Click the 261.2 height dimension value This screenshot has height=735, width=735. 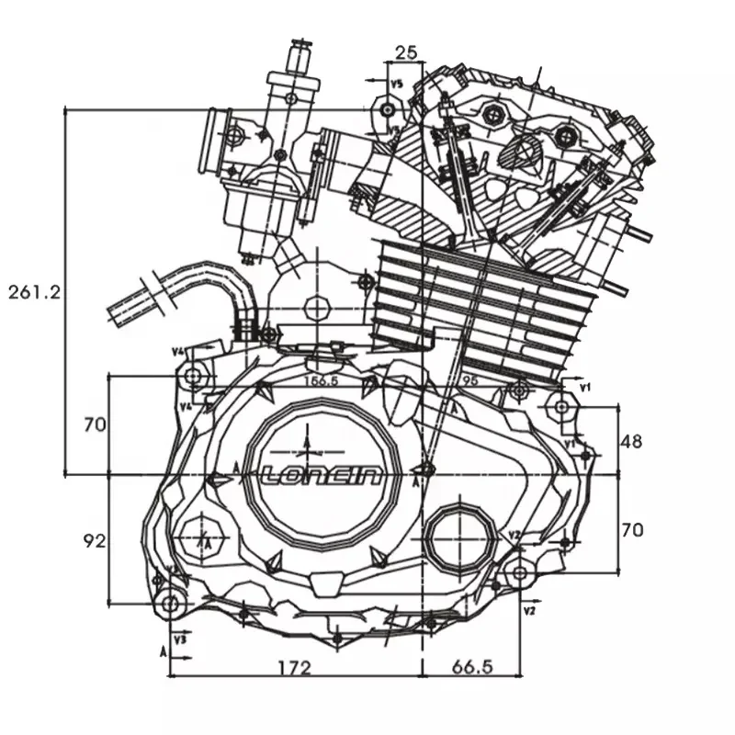34,292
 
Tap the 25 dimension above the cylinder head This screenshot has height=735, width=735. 405,51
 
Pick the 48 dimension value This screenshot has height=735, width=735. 631,441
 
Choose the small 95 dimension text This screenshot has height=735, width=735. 469,379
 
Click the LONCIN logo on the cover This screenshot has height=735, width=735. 322,475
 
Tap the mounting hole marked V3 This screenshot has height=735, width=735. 170,603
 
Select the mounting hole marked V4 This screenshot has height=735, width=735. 194,377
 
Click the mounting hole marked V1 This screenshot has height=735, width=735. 560,406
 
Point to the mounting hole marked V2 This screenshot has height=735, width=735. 519,572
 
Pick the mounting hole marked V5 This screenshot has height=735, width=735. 389,110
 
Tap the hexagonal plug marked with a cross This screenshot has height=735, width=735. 200,536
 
